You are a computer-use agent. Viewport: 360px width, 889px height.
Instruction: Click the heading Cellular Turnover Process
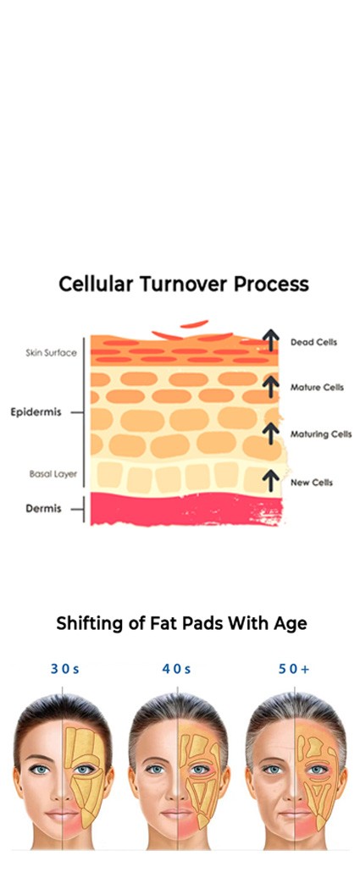pyautogui.click(x=184, y=284)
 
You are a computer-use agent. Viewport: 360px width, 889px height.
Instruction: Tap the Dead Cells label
pyautogui.click(x=313, y=342)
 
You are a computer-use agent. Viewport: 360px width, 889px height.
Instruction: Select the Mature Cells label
pyautogui.click(x=317, y=388)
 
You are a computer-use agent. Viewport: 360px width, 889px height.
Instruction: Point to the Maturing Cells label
pyautogui.click(x=321, y=434)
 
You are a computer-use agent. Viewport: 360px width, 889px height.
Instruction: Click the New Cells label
pyautogui.click(x=311, y=483)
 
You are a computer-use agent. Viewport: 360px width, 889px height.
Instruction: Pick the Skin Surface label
pyautogui.click(x=51, y=353)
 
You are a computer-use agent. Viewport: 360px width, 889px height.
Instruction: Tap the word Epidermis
pyautogui.click(x=36, y=412)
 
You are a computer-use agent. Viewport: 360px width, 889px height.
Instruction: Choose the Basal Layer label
pyautogui.click(x=53, y=474)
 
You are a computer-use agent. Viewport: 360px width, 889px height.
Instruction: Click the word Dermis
pyautogui.click(x=43, y=509)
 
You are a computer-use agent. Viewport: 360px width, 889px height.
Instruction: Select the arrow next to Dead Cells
pyautogui.click(x=271, y=340)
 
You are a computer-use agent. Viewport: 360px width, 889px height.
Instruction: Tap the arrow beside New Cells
pyautogui.click(x=271, y=481)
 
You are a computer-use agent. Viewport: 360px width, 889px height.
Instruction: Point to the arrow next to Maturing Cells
pyautogui.click(x=271, y=433)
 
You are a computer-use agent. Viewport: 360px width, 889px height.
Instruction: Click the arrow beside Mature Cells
pyautogui.click(x=271, y=387)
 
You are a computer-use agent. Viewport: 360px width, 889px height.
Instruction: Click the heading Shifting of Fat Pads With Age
pyautogui.click(x=181, y=624)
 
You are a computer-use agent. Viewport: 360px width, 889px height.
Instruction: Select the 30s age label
pyautogui.click(x=64, y=669)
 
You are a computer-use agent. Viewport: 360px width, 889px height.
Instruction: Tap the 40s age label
pyautogui.click(x=176, y=669)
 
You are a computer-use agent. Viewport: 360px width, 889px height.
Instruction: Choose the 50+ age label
pyautogui.click(x=294, y=669)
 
